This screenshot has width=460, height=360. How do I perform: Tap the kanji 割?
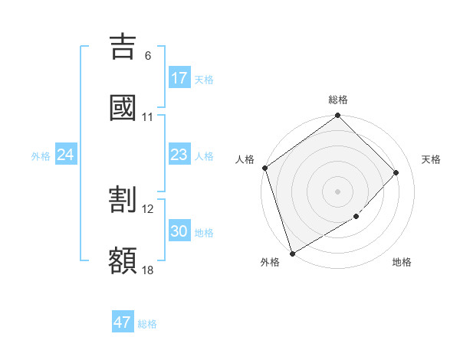tap(123, 199)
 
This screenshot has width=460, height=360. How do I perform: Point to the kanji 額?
tap(123, 260)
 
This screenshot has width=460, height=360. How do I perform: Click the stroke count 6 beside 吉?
tap(148, 55)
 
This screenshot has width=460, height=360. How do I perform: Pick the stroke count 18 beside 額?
tap(148, 270)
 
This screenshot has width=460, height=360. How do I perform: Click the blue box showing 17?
tap(179, 78)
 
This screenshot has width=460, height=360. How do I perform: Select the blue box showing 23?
tap(179, 155)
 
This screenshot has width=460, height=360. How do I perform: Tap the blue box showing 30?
tap(179, 232)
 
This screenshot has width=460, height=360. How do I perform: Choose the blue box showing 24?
tap(66, 155)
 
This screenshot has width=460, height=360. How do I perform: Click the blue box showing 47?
tap(123, 322)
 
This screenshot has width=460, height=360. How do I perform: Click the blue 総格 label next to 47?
tap(147, 324)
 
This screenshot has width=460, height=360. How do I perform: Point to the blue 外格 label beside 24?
tap(41, 156)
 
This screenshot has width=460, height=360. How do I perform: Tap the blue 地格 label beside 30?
tap(204, 233)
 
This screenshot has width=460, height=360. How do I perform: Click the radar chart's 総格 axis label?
tap(338, 100)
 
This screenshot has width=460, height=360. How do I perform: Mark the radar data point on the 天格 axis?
tap(396, 172)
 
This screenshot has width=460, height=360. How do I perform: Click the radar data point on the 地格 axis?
tap(356, 217)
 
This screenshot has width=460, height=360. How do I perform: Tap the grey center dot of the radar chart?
tap(338, 191)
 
